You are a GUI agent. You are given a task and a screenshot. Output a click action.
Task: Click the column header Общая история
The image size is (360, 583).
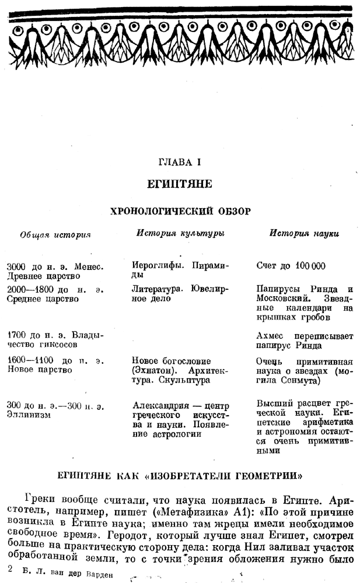55,234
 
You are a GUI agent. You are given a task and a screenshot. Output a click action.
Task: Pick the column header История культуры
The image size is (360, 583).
180,233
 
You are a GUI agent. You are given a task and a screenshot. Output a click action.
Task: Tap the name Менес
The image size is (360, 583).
90,266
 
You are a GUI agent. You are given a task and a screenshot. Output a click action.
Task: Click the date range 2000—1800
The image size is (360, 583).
29,289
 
